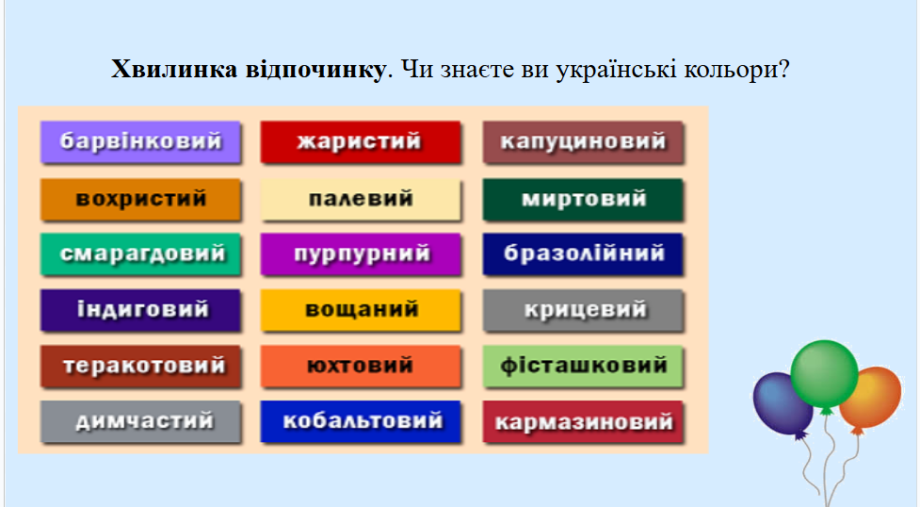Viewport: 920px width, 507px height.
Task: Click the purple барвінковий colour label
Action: (141, 141)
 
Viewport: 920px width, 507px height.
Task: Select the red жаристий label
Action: (361, 141)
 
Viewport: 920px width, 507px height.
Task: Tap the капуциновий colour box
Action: (583, 141)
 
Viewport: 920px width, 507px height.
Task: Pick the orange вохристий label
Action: (141, 199)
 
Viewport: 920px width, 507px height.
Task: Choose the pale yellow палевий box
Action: (361, 199)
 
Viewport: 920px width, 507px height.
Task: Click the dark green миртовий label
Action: (583, 199)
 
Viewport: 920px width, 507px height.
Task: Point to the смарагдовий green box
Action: (141, 253)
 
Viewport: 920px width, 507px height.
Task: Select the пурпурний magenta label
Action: (361, 253)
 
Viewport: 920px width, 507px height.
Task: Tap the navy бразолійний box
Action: (583, 253)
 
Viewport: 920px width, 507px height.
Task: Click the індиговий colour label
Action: (141, 310)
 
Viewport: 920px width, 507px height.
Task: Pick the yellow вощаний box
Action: (361, 310)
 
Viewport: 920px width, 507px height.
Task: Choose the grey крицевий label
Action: (583, 310)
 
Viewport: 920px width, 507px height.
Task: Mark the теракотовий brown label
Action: (141, 366)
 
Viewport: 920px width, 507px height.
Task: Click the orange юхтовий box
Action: (361, 366)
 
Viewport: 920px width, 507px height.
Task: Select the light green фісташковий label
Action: (583, 366)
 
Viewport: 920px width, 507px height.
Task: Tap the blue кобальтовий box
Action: (361, 421)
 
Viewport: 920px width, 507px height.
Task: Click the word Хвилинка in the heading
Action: (174, 70)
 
